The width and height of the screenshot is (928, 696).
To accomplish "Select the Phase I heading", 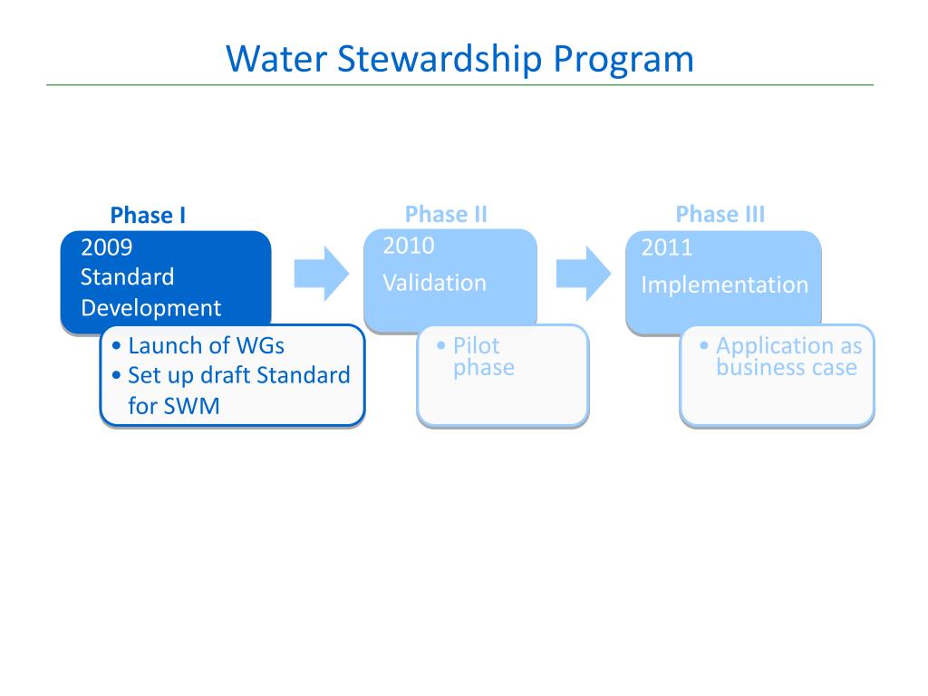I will [148, 216].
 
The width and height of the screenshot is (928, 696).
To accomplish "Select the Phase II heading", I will [446, 215].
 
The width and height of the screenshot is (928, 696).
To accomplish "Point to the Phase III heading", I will [720, 215].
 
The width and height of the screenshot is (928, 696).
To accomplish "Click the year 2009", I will [107, 247].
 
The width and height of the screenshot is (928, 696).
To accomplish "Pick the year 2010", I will [409, 246].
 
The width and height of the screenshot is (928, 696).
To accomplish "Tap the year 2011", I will [667, 247].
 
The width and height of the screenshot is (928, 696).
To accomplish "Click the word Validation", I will [434, 283].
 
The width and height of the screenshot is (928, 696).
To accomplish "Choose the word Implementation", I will [724, 285].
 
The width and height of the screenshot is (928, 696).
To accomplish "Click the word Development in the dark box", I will [150, 308].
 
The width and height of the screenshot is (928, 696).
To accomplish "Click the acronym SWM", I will [191, 405].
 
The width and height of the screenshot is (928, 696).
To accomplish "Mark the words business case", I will [786, 367].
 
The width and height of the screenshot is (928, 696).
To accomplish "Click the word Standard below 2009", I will [127, 277].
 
